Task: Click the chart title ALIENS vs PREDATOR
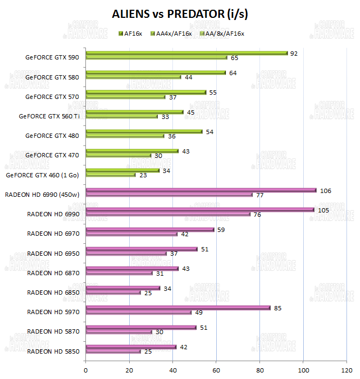[x=180, y=14]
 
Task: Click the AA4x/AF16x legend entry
[x=172, y=34]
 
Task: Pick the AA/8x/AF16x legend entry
[x=222, y=34]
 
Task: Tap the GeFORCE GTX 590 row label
[x=52, y=57]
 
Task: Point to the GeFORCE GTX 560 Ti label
[x=49, y=116]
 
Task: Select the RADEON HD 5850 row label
[x=53, y=351]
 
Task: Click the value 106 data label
[x=325, y=190]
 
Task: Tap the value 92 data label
[x=295, y=54]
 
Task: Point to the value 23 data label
[x=144, y=175]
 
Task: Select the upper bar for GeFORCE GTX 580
[x=156, y=72]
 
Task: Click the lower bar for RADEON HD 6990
[x=168, y=214]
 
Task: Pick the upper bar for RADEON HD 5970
[x=178, y=308]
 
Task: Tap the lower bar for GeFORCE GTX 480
[x=125, y=136]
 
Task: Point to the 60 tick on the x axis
[x=216, y=370]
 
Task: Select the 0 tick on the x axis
[x=86, y=370]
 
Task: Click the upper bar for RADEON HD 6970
[x=150, y=229]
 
